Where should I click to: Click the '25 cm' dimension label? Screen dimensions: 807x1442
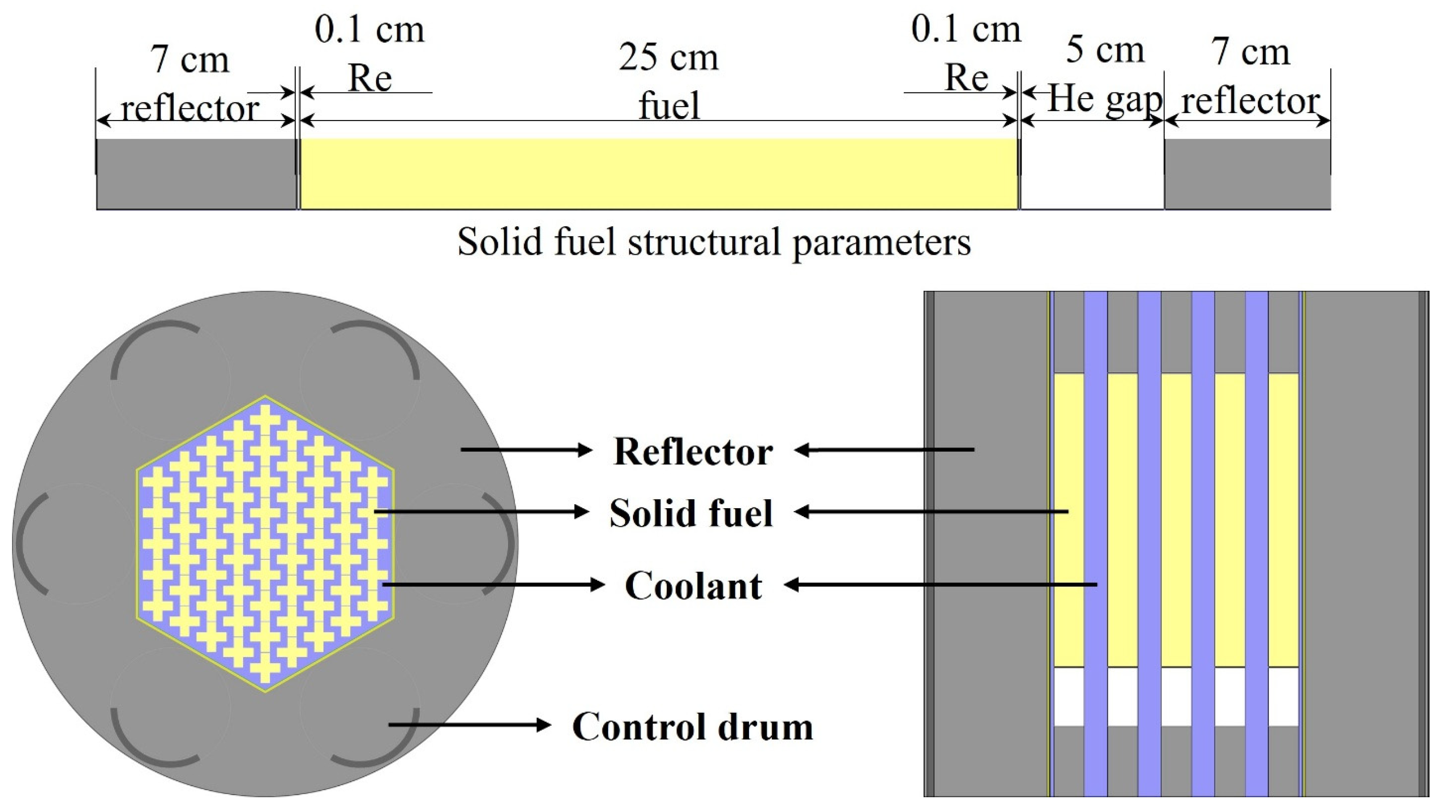[x=669, y=58]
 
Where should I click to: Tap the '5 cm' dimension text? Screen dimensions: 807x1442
[x=1105, y=50]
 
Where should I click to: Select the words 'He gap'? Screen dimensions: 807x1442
[x=1105, y=100]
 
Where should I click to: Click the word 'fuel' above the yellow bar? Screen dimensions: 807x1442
[x=669, y=105]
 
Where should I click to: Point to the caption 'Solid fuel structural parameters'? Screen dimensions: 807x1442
[x=714, y=242]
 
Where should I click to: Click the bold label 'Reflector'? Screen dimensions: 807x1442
[x=693, y=451]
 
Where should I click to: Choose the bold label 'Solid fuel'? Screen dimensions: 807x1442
[x=691, y=513]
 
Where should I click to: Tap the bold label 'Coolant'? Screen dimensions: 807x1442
[x=693, y=586]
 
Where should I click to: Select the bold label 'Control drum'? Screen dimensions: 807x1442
[x=693, y=727]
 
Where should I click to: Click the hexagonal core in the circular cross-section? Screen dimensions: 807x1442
[x=265, y=544]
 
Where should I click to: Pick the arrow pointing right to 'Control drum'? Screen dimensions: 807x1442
[x=470, y=725]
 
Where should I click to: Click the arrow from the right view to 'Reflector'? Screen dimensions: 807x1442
[x=885, y=450]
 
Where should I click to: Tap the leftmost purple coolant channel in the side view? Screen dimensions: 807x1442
[x=1095, y=543]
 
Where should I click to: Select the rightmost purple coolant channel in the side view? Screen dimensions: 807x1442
[x=1257, y=543]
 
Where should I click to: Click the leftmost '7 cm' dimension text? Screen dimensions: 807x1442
[x=190, y=60]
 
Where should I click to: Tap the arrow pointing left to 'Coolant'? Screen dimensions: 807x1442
[x=941, y=585]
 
